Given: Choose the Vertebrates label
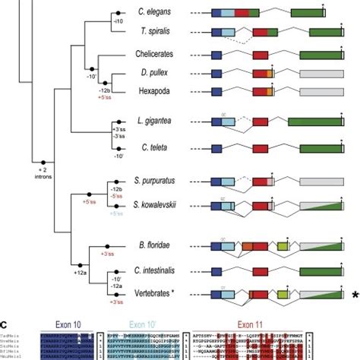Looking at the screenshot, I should [x=154, y=293].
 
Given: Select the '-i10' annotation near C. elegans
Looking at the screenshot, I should [x=118, y=21].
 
